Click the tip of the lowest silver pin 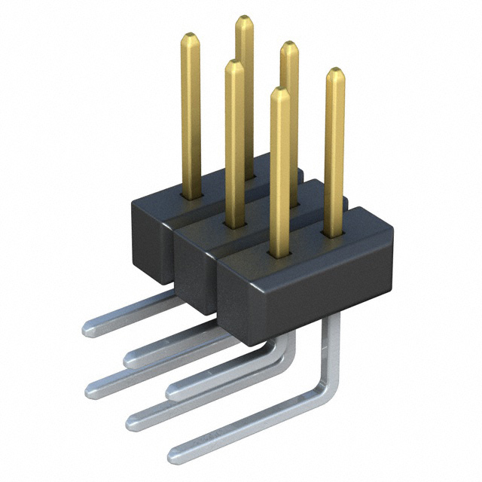(173, 454)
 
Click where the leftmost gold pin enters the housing (191, 195)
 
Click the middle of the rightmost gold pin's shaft (334, 151)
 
